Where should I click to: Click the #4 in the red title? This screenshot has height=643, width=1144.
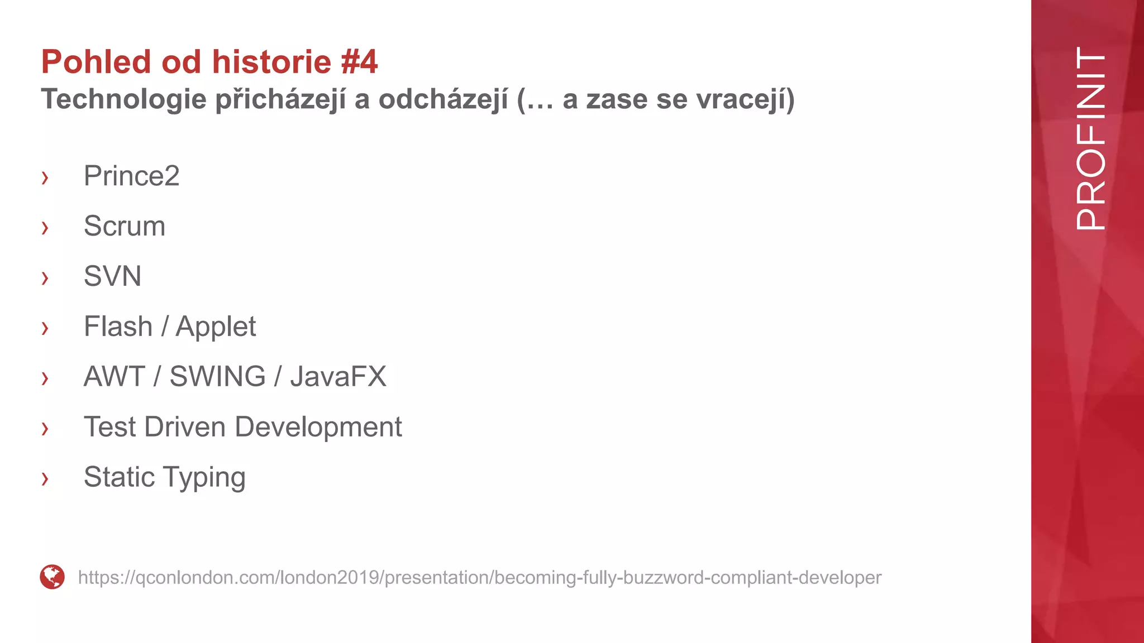pos(359,61)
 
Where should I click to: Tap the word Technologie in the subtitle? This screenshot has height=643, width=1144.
pos(124,100)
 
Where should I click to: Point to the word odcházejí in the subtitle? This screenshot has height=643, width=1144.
pos(443,100)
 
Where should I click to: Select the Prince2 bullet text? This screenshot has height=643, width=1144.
pos(131,176)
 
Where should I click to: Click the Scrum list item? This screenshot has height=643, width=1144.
pos(124,226)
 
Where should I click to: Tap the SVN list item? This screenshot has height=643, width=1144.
pos(112,276)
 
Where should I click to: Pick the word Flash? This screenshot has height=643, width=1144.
pos(118,327)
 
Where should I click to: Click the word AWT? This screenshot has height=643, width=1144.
pos(115,377)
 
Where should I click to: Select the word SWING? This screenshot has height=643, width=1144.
pos(217,377)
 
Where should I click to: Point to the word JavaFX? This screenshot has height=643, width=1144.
pos(338,377)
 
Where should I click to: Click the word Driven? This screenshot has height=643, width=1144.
pos(187,427)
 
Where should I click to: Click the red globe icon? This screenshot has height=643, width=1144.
pos(53,577)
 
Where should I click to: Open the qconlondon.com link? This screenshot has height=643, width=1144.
pos(479,577)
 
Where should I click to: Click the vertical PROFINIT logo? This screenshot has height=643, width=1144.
pos(1090,138)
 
